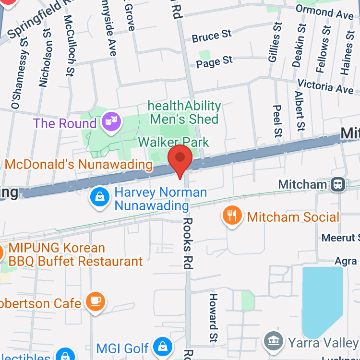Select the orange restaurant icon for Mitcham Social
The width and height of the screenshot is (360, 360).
[x=232, y=216]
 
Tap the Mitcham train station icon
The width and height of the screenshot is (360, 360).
[x=338, y=184]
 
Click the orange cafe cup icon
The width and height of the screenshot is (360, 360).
[x=95, y=302]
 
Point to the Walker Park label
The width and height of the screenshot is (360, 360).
[x=174, y=142]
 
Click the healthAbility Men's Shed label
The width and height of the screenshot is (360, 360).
[x=184, y=112]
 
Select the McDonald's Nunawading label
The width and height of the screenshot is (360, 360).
[x=78, y=165]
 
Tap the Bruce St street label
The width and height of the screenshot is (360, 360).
[x=212, y=36]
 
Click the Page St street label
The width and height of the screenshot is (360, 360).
[x=214, y=62]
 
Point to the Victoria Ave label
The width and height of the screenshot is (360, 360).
[x=325, y=86]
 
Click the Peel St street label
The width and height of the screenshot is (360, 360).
[x=277, y=121]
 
